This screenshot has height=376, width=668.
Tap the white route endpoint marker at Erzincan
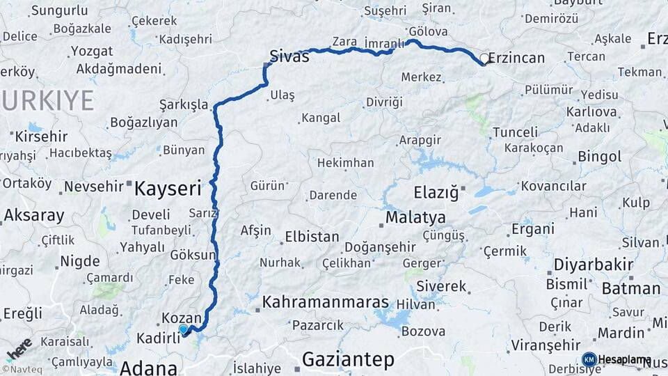[484, 58]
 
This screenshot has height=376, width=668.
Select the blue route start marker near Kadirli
[184, 329]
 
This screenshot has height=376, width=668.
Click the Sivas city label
[289, 56]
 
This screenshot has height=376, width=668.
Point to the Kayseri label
[168, 187]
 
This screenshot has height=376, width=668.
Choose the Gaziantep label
[348, 359]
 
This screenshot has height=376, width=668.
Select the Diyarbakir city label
[594, 265]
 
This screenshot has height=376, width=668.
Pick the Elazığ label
[437, 191]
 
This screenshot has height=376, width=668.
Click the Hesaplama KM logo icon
[589, 359]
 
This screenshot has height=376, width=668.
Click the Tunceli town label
[515, 132]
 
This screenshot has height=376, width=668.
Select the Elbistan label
[312, 237]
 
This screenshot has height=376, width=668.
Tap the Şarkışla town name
[184, 104]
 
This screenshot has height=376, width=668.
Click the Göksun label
[193, 255]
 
